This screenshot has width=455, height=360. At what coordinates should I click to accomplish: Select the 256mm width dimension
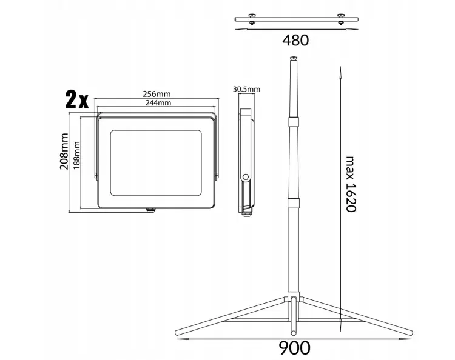[x=156, y=94]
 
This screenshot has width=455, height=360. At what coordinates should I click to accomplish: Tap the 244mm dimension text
[x=156, y=102]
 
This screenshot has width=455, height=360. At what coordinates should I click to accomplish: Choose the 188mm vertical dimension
[x=76, y=155]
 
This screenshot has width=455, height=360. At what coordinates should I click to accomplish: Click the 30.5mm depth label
[x=246, y=89]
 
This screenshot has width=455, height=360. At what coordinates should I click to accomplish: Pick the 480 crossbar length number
[x=295, y=41]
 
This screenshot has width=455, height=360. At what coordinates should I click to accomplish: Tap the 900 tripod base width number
[x=295, y=347]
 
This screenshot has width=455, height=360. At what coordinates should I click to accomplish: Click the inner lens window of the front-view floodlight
[x=156, y=160]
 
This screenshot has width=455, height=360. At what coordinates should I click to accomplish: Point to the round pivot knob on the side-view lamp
[x=246, y=177]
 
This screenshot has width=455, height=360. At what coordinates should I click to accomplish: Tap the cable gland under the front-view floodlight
[x=151, y=210]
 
